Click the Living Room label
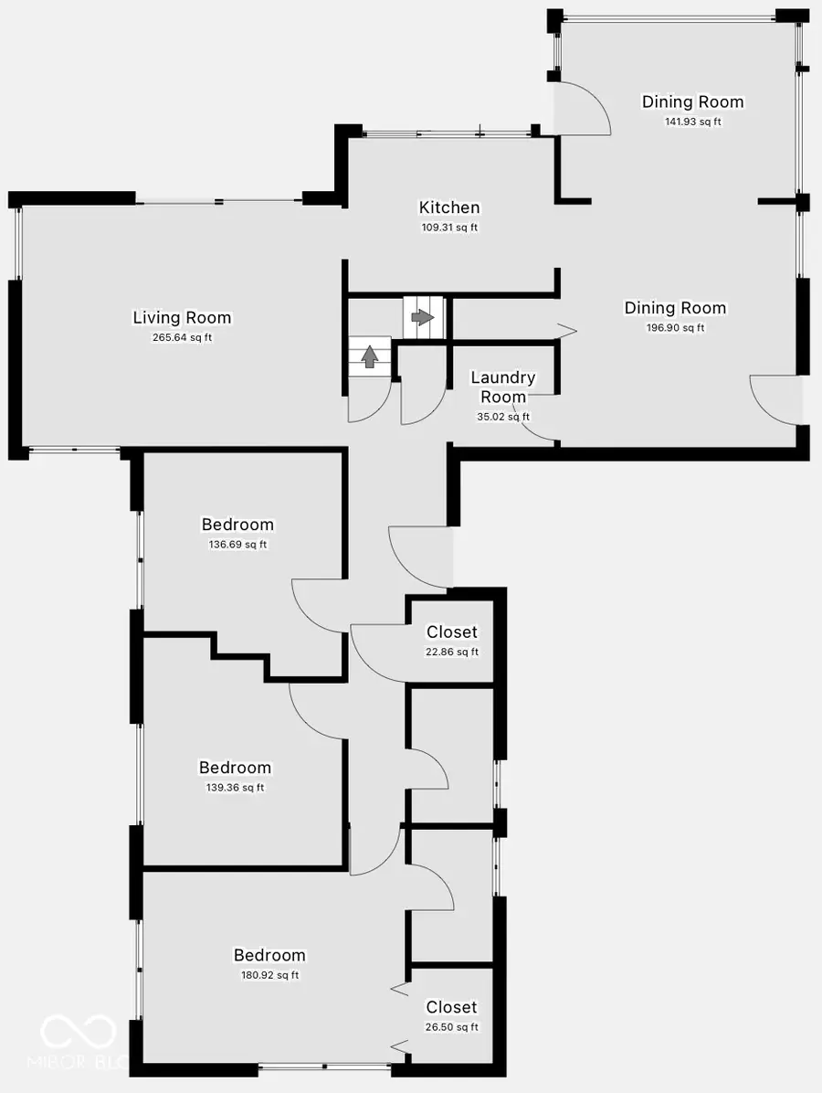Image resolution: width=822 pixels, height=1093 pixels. click(182, 318)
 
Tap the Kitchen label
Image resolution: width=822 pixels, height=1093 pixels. click(449, 207)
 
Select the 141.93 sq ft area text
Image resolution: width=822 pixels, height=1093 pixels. click(692, 122)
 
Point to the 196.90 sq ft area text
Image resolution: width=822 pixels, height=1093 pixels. click(675, 328)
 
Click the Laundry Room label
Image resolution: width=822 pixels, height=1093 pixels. click(503, 387)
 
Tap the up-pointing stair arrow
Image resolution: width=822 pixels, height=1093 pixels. click(369, 356)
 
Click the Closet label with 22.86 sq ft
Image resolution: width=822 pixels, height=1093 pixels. click(452, 632)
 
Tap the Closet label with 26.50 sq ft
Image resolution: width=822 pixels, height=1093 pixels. click(451, 1007)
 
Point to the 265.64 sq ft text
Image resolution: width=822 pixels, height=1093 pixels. click(182, 338)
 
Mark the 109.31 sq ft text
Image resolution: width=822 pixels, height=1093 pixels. click(449, 228)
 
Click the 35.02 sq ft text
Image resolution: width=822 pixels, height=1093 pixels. click(503, 417)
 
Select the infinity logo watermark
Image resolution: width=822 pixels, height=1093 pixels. click(78, 1033)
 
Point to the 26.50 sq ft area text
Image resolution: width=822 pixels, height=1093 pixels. click(451, 1027)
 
